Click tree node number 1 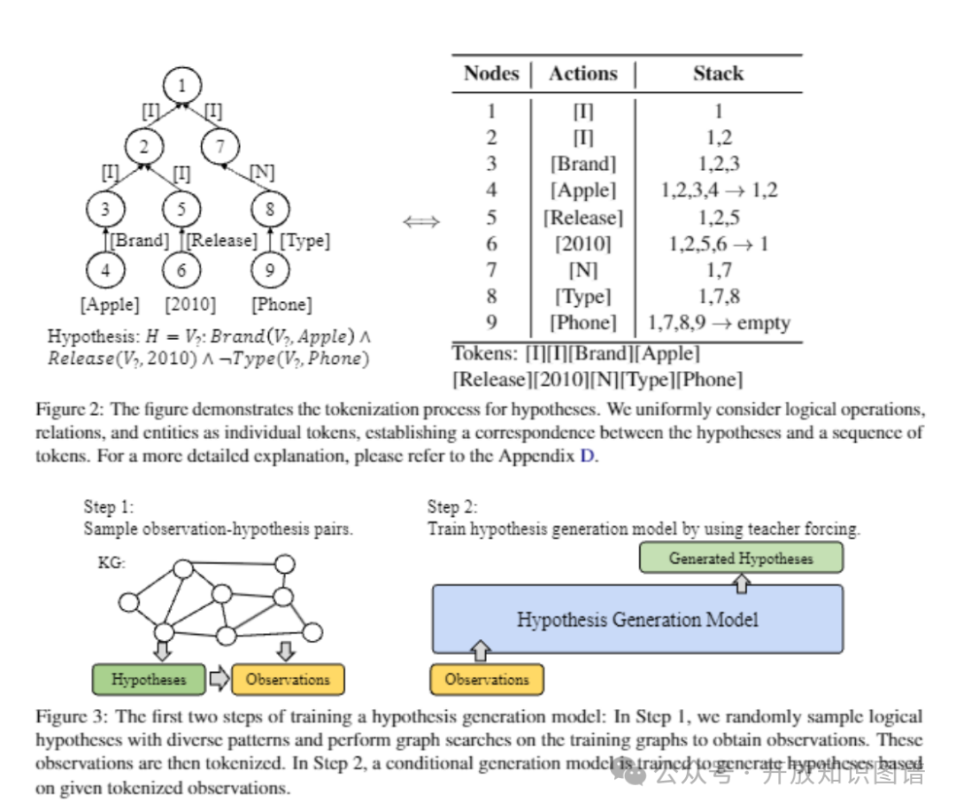pos(182,86)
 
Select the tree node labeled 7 pos(221,144)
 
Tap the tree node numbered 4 pos(106,269)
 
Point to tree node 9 pos(270,269)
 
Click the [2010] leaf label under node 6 pos(190,305)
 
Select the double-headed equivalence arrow pos(421,221)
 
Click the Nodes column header pos(491,73)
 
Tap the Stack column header pos(718,73)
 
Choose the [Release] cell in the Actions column pos(582,217)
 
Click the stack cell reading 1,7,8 pos(718,297)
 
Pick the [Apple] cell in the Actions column pos(582,190)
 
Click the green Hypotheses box pos(149,680)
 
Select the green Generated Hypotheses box pos(741,559)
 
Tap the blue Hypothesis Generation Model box pos(637,619)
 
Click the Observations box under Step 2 pos(486,680)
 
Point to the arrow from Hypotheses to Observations pos(218,680)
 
